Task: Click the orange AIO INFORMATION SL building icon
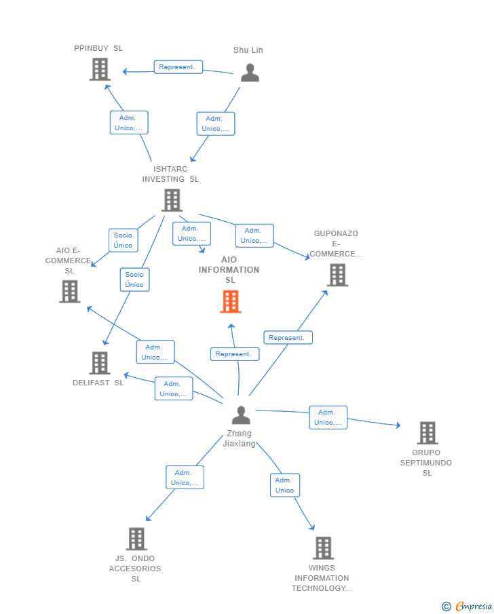[x=231, y=302]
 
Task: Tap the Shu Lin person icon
[x=250, y=73]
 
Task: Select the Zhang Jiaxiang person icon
[x=241, y=415]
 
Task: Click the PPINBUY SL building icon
[x=100, y=69]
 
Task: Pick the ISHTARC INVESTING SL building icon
[x=172, y=200]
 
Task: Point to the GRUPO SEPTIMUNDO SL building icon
[x=427, y=433]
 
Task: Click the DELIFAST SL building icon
[x=100, y=363]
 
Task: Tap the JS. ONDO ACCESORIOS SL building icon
[x=136, y=539]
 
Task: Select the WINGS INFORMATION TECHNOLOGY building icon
[x=323, y=548]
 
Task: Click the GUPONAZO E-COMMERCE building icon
[x=337, y=275]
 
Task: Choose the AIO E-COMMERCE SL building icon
[x=70, y=291]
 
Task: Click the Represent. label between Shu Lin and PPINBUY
[x=178, y=67]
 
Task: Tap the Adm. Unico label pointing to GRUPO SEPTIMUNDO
[x=328, y=417]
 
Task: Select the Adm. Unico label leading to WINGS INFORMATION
[x=284, y=485]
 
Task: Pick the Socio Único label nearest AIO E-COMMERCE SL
[x=123, y=240]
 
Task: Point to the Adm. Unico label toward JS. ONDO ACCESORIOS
[x=185, y=478]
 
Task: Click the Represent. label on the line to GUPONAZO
[x=288, y=337]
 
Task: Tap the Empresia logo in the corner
[x=466, y=606]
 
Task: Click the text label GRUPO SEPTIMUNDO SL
[x=426, y=463]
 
